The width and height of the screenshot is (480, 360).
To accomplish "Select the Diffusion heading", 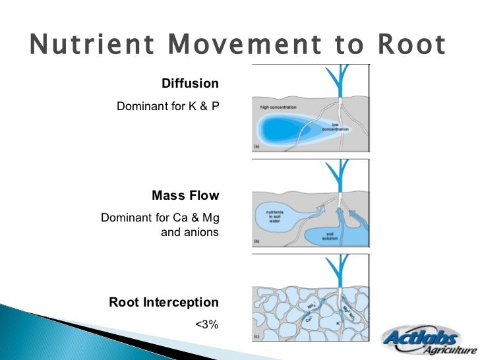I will pyautogui.click(x=190, y=84).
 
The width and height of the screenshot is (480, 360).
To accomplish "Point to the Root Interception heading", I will pyautogui.click(x=164, y=303).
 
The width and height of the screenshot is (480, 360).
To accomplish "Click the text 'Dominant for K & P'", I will pyautogui.click(x=167, y=105).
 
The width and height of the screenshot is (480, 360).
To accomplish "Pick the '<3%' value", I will pyautogui.click(x=206, y=324).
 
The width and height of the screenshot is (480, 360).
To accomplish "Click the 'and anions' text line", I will pyautogui.click(x=189, y=233).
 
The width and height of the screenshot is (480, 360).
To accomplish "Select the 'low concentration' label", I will pyautogui.click(x=335, y=127).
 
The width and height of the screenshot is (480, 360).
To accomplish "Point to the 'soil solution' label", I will pyautogui.click(x=330, y=236).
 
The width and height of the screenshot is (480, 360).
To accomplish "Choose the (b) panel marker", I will pyautogui.click(x=256, y=243).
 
